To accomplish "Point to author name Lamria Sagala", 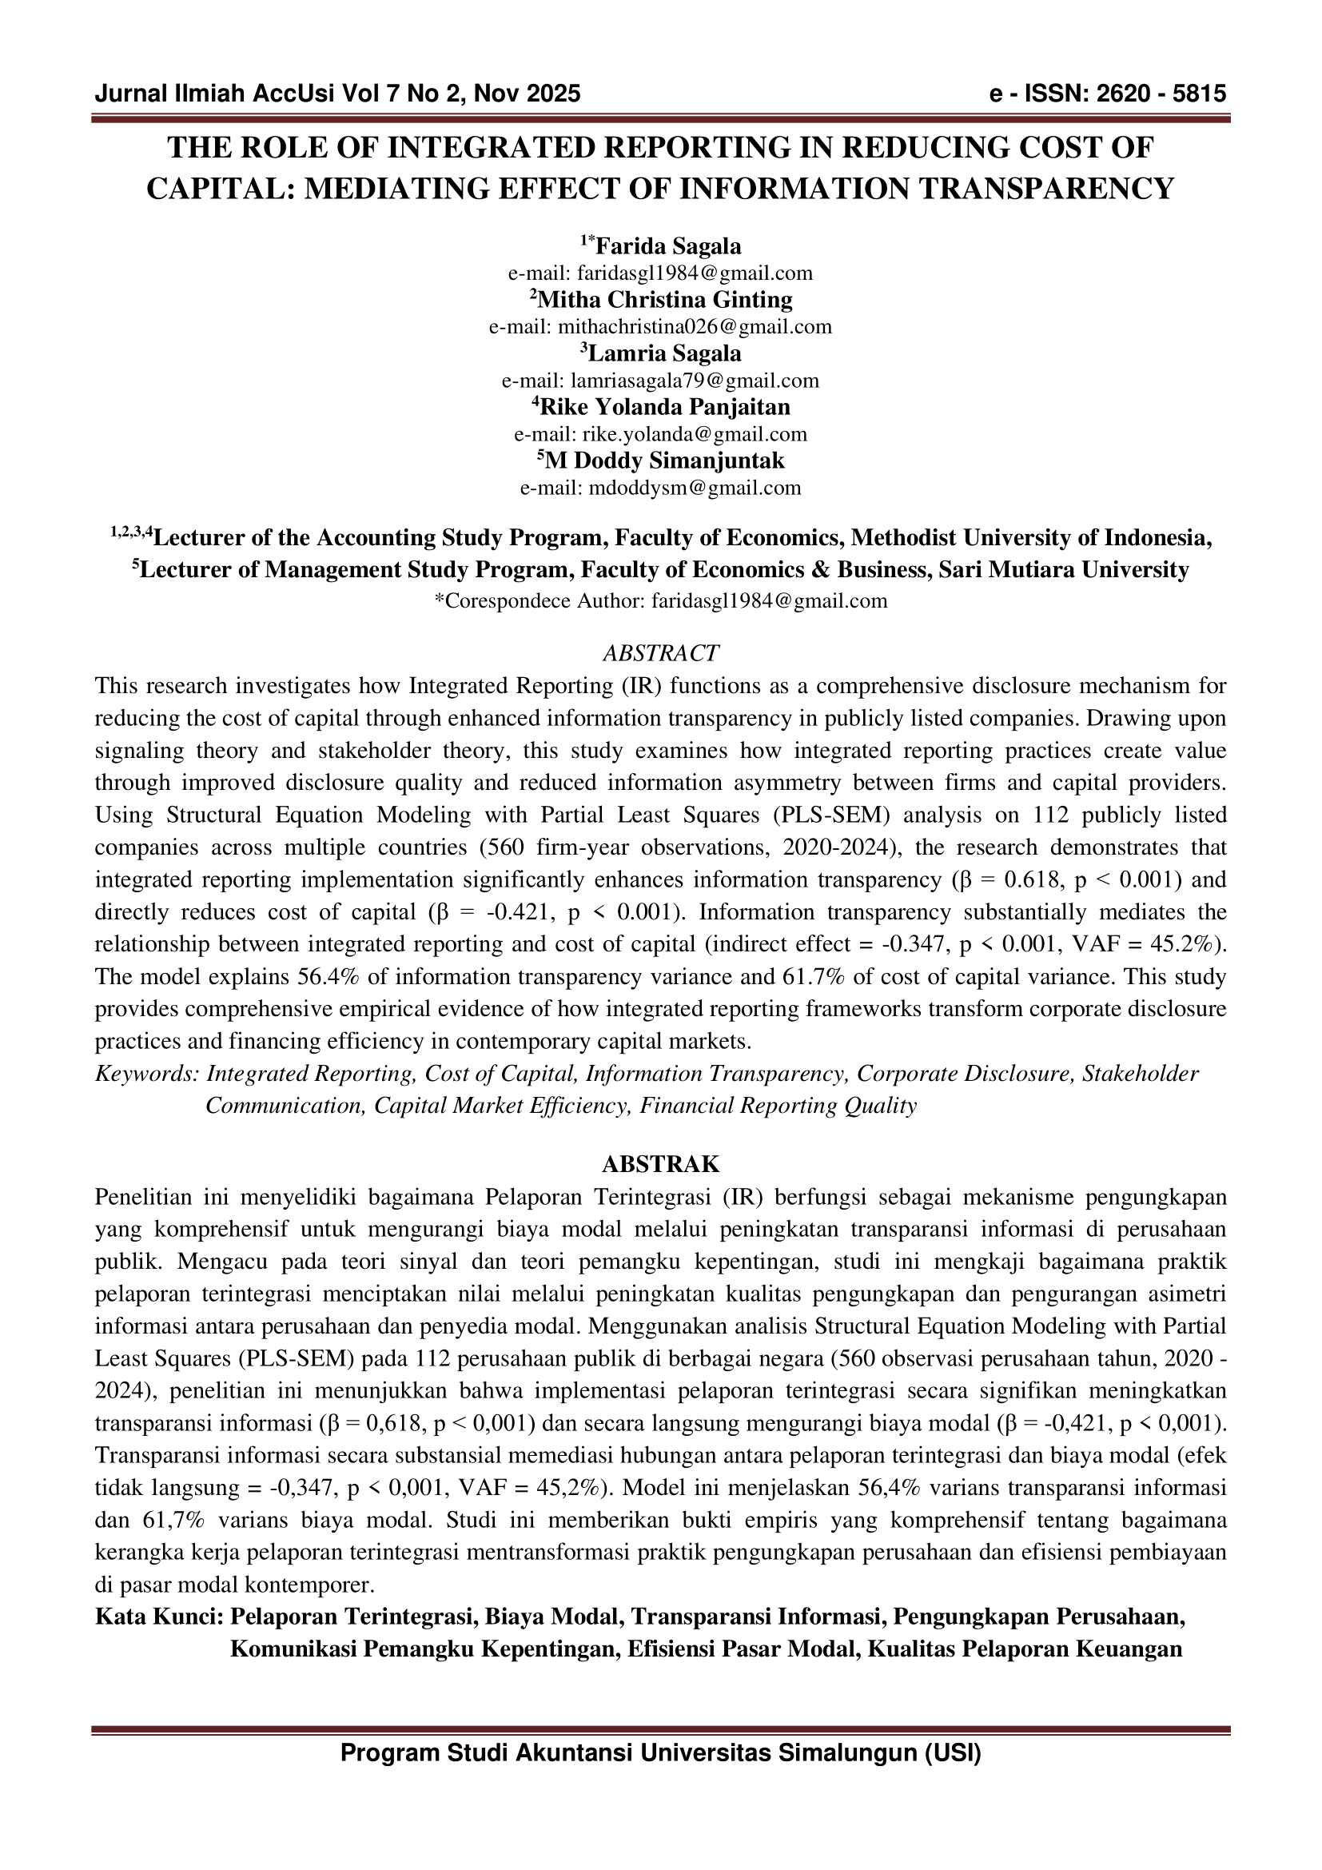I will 664,353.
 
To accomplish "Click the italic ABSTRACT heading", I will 660,653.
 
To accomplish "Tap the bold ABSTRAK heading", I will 660,1164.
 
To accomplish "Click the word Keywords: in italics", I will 147,1074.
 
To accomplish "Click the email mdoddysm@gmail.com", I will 692,488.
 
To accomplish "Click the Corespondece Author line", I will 660,601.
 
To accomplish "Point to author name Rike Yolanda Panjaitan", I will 664,407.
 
